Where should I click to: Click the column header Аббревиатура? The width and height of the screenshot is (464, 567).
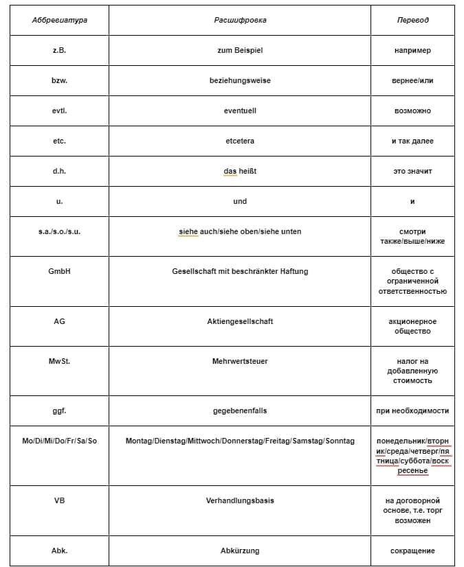pos(59,20)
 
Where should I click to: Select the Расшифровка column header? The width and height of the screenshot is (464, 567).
pos(240,20)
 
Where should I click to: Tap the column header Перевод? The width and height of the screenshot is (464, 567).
pos(412,20)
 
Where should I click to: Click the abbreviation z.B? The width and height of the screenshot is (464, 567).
pos(59,50)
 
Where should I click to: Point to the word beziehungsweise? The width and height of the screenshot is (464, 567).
pos(240,80)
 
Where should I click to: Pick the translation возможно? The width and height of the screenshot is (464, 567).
pos(412,111)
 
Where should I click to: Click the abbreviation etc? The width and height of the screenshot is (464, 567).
pos(59,141)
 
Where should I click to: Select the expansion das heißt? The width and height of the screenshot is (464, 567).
pos(240,171)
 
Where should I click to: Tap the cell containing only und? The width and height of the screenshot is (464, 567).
pos(240,201)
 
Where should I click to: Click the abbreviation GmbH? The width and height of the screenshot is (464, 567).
pos(59,271)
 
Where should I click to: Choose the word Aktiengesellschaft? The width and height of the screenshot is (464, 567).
pos(240,321)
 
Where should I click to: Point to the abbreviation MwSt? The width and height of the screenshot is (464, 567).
pos(59,361)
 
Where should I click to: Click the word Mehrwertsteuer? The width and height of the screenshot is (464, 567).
pos(240,361)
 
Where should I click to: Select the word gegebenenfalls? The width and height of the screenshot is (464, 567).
pos(240,410)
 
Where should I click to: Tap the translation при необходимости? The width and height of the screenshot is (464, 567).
pos(412,410)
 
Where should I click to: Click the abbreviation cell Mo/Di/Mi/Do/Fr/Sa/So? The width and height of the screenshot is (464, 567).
pos(59,441)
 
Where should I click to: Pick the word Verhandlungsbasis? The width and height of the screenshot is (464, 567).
pos(240,500)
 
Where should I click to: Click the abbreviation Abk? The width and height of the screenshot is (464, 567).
pos(59,551)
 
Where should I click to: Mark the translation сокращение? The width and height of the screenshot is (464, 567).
pos(412,551)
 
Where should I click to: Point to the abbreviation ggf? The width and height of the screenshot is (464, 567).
pos(59,410)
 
